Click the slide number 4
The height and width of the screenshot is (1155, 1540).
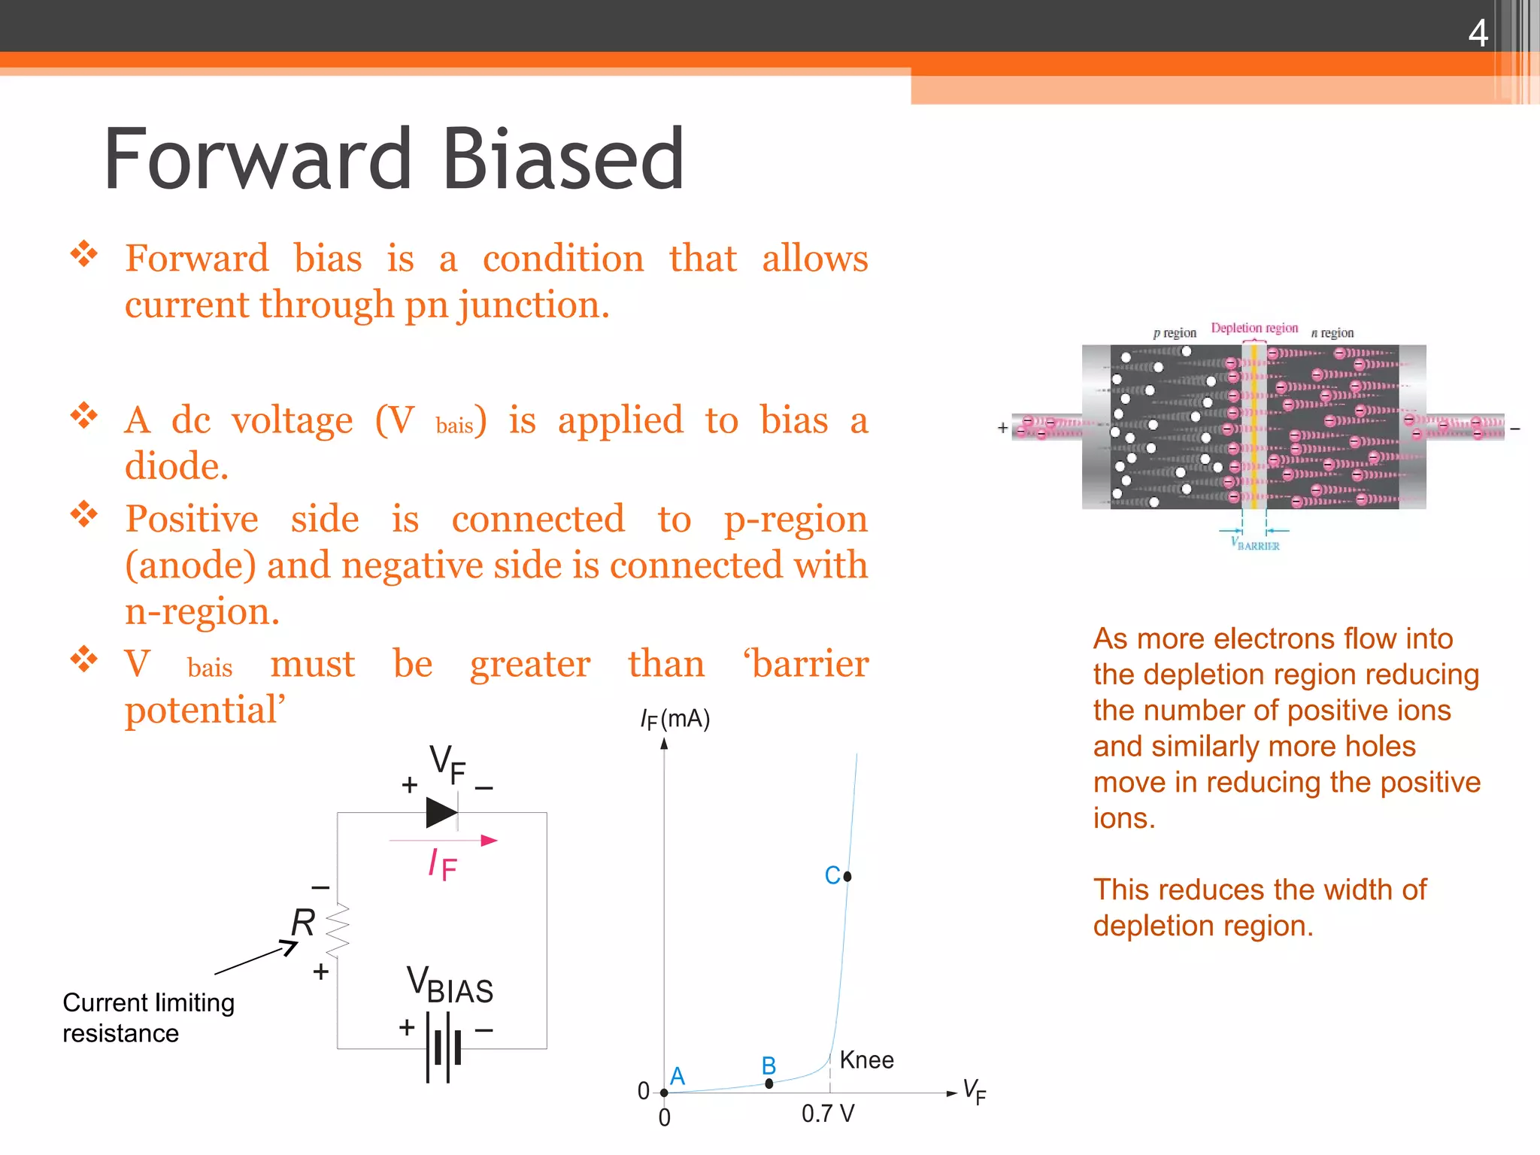1478,33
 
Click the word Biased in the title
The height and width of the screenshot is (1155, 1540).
563,159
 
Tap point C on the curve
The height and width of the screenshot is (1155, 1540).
847,876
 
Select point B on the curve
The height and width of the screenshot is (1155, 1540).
768,1084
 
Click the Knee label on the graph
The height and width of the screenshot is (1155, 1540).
866,1060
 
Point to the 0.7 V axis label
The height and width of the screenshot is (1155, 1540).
827,1114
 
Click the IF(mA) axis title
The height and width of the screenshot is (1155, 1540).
675,720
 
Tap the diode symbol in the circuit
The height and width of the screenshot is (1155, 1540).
442,813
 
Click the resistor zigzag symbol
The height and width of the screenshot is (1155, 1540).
338,930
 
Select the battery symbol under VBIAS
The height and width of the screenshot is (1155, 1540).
444,1047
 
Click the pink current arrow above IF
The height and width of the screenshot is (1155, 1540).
444,840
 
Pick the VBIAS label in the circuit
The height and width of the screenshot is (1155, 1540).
450,986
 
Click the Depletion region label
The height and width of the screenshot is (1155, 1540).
1254,328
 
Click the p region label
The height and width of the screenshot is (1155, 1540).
1174,333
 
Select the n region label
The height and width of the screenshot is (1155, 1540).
1332,333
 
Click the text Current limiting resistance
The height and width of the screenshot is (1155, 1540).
148,1017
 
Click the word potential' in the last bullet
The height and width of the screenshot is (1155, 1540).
205,710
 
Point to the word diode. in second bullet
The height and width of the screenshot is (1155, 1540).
176,466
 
